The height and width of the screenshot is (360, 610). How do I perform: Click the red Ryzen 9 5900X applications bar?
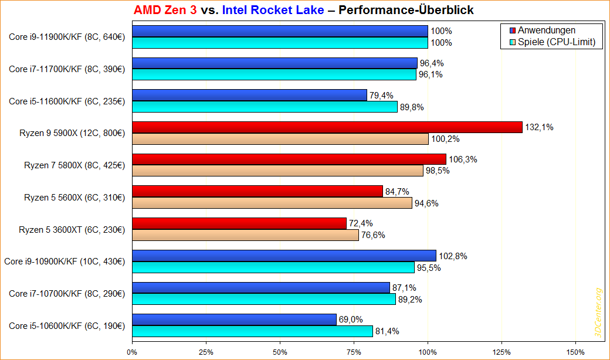(x=327, y=127)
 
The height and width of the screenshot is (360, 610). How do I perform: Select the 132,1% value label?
(x=538, y=127)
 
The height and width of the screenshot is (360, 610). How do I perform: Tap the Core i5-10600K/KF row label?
(x=67, y=325)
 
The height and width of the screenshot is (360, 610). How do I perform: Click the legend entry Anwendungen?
(x=546, y=30)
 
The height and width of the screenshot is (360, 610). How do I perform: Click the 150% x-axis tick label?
(x=576, y=352)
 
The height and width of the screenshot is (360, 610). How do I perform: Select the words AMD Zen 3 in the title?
(x=165, y=10)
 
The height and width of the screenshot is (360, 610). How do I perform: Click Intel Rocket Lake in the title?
(x=273, y=10)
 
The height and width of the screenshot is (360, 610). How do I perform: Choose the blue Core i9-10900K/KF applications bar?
(x=284, y=256)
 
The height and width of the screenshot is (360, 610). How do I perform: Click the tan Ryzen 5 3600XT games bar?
(x=245, y=235)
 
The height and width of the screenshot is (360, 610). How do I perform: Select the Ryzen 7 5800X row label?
(x=74, y=165)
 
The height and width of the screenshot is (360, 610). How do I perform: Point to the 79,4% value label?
(x=382, y=95)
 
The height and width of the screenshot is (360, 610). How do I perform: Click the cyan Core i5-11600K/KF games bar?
(x=265, y=107)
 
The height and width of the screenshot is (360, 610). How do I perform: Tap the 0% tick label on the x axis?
(x=133, y=352)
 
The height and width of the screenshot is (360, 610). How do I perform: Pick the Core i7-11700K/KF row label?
(x=67, y=69)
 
